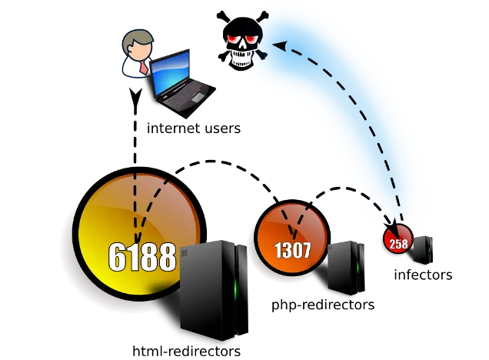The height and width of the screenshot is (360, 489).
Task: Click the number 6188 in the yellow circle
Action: click(x=142, y=258)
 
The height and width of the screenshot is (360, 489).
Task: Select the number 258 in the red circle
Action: click(x=398, y=243)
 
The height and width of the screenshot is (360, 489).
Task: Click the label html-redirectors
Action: click(x=187, y=351)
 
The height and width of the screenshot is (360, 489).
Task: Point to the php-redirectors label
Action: click(x=323, y=305)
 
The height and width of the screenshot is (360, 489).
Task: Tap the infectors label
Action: click(x=423, y=274)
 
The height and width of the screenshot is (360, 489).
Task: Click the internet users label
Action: click(x=194, y=128)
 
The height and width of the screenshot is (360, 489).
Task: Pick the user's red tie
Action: click(x=144, y=67)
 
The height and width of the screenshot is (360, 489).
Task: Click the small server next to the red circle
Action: click(x=422, y=249)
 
